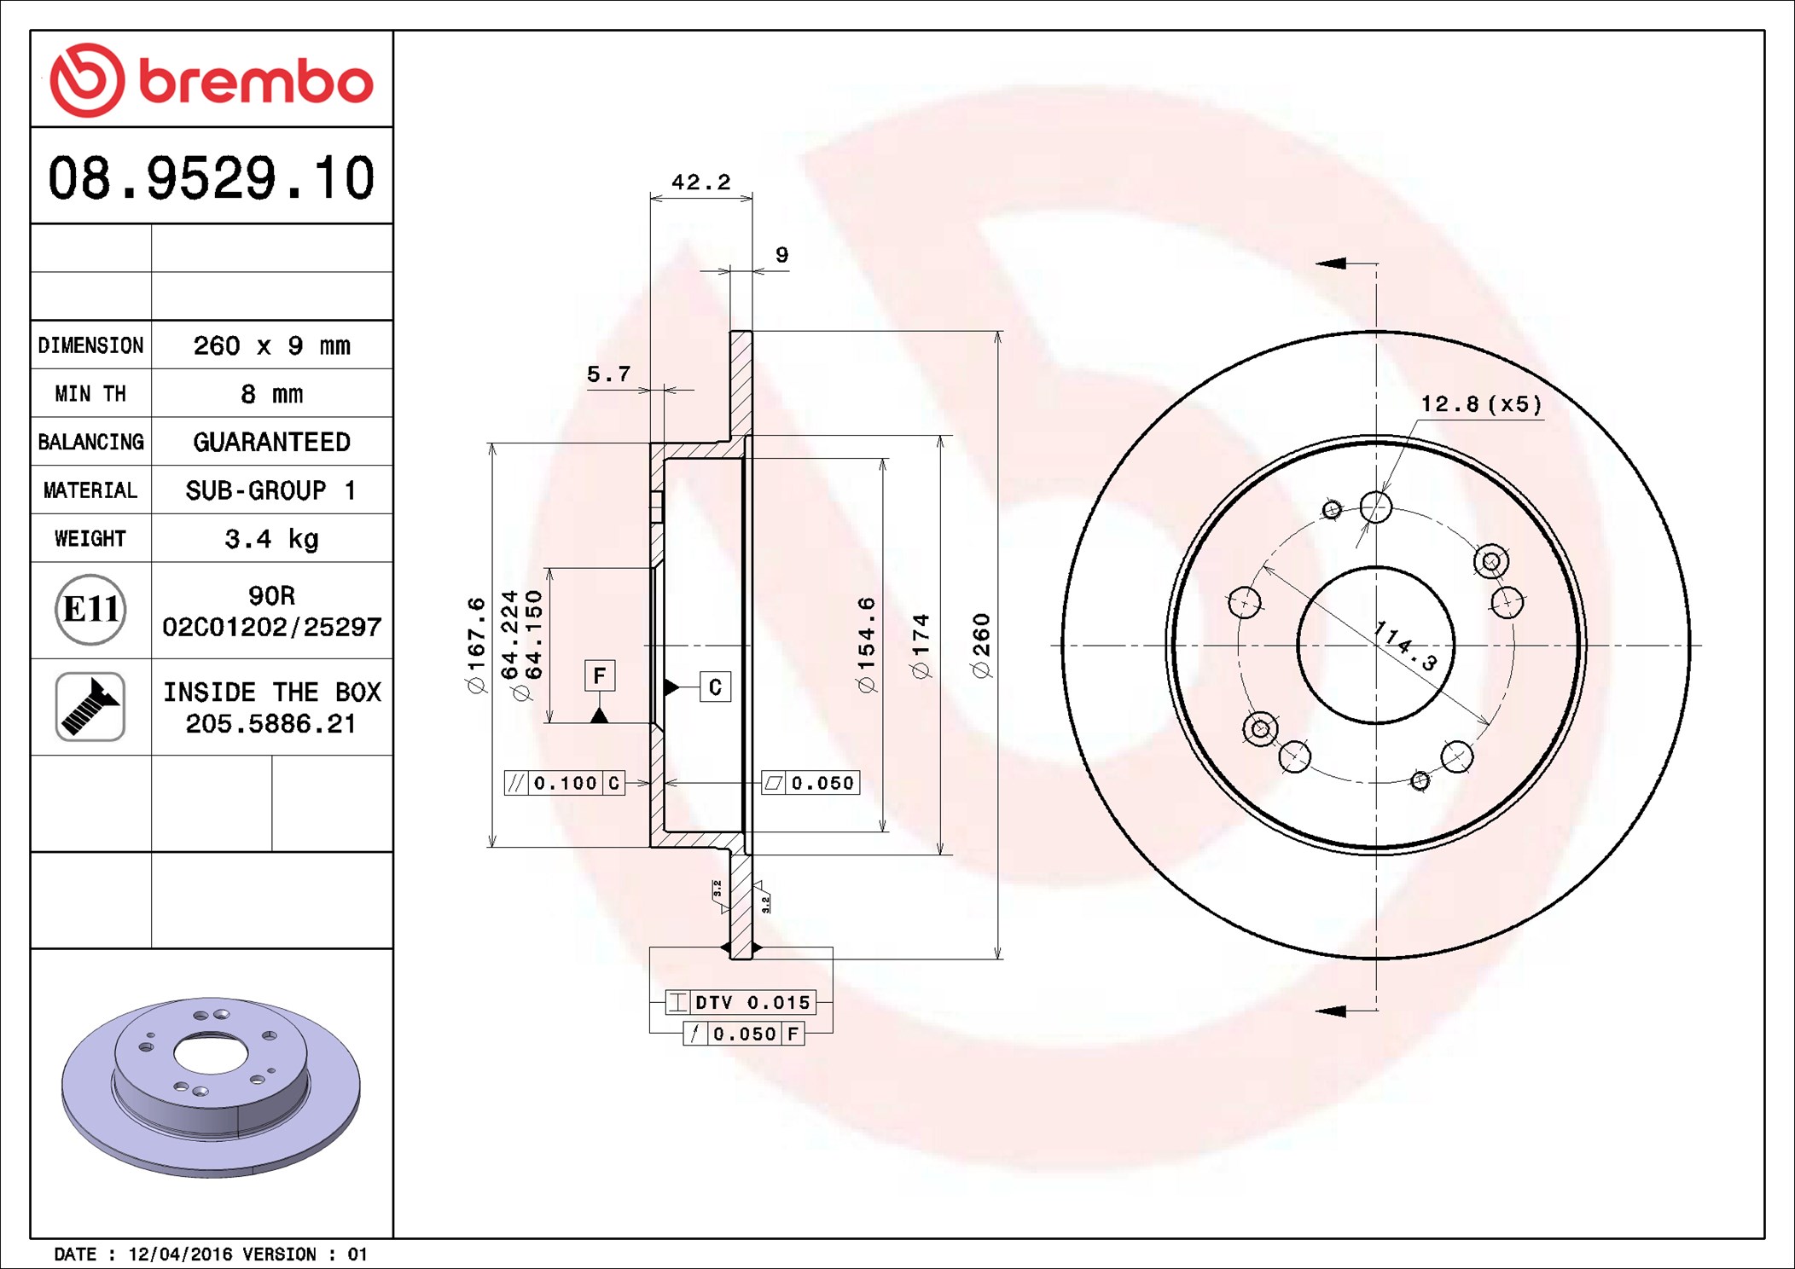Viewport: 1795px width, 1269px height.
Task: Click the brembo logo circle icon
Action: [87, 79]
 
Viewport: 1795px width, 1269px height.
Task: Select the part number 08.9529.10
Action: [211, 178]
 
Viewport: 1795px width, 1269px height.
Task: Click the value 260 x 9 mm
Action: [271, 345]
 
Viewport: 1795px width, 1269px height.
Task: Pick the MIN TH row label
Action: [90, 393]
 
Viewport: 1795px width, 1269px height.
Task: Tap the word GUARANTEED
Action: [271, 442]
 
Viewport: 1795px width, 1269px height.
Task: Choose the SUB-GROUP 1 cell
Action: [271, 490]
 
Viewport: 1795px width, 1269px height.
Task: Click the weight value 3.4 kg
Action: [271, 539]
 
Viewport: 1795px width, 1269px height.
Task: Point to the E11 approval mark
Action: [90, 609]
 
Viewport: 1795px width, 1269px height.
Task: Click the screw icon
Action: [90, 706]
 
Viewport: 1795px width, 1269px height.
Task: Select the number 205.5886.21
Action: [270, 724]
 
